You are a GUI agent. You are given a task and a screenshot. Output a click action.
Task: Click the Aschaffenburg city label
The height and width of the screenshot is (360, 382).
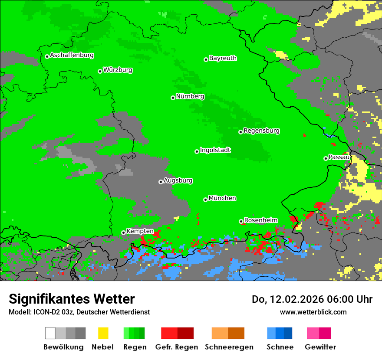tap(72, 56)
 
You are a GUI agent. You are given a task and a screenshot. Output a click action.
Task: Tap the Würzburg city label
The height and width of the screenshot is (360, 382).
tap(118, 70)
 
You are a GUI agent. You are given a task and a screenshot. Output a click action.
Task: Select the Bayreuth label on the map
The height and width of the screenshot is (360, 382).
tap(223, 59)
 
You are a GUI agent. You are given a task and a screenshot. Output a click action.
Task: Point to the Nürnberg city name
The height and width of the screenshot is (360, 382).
tap(190, 97)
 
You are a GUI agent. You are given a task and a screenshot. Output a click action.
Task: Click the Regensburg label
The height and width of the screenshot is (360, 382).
tap(261, 131)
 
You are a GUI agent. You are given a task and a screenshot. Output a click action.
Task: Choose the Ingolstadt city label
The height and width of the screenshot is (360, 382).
tap(215, 151)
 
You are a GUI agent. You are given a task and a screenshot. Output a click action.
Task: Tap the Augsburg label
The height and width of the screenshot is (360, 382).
tap(178, 181)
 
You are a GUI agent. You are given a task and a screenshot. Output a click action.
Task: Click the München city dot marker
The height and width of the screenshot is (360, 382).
tap(205, 200)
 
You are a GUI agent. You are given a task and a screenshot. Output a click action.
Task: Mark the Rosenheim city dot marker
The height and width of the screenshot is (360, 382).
tap(241, 221)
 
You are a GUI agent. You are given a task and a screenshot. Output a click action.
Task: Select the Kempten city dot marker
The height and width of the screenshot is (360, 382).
tap(123, 232)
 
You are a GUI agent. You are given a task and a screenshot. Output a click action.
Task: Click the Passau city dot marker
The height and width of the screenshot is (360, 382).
tap(326, 158)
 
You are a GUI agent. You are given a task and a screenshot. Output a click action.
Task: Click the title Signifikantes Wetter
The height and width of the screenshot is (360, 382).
tap(72, 299)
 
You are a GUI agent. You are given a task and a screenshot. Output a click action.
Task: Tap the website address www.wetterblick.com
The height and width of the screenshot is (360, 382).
tap(313, 312)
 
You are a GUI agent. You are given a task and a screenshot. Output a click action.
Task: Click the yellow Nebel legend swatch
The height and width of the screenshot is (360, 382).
tap(103, 333)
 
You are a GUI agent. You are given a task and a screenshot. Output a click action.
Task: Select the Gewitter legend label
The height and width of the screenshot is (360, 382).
tap(320, 347)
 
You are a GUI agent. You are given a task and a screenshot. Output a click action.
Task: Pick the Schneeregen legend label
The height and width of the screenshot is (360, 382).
tap(228, 347)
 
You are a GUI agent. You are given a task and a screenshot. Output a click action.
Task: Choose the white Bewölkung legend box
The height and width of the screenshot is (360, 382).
tap(50, 333)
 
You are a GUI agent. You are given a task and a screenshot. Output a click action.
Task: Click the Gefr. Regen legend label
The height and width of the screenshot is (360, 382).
tap(177, 347)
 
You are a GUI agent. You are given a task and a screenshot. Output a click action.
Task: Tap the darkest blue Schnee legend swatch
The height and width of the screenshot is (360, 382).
tap(288, 333)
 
